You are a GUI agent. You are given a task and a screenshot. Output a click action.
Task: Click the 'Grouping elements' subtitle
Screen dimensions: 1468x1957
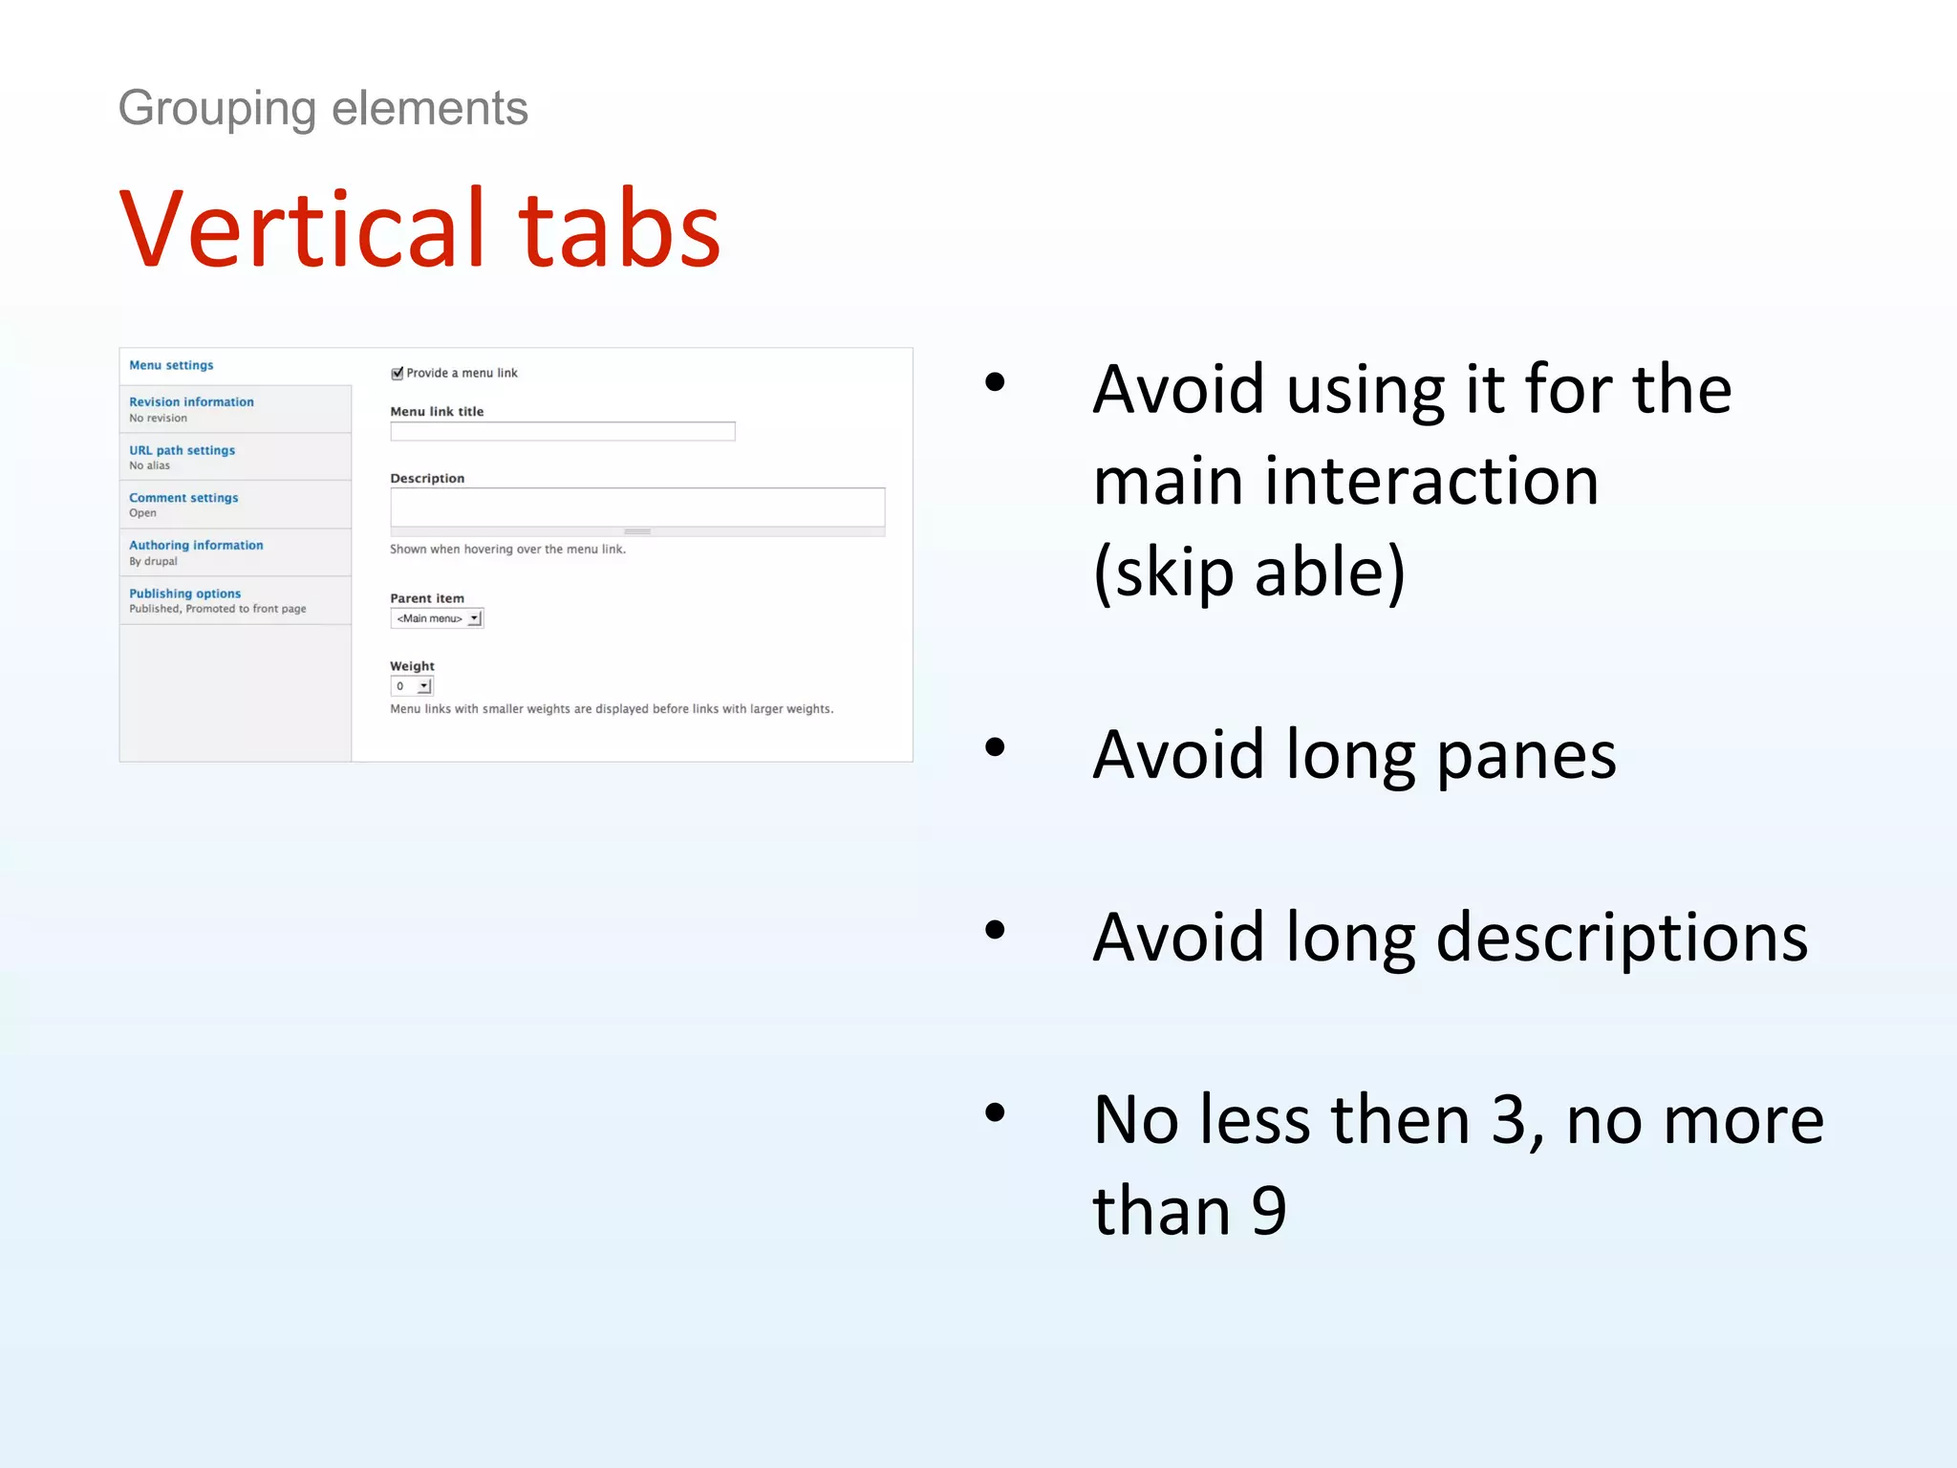tap(323, 108)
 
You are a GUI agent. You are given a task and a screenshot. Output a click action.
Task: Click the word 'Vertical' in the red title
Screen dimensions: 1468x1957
tap(303, 229)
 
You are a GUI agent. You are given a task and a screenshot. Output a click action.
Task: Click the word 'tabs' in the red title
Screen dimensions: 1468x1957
tap(619, 229)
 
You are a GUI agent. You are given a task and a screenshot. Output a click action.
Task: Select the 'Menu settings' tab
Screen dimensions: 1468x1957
tap(172, 365)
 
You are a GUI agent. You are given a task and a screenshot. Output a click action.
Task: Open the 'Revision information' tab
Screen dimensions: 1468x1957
tap(192, 402)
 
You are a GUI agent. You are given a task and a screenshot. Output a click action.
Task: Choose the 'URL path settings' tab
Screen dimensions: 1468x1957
tap(183, 450)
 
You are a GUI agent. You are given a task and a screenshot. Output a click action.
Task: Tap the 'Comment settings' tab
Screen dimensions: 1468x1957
tap(184, 498)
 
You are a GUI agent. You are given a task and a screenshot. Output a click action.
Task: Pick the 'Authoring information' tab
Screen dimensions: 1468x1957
tap(197, 546)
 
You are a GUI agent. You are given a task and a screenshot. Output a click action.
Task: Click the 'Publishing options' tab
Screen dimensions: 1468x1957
tap(185, 594)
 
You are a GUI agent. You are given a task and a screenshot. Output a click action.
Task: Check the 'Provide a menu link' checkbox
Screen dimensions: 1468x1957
tap(398, 374)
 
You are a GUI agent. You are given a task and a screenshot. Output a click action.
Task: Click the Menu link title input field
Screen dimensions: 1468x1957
tap(562, 432)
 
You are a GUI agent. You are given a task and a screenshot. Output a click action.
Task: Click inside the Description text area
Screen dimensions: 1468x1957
tap(636, 507)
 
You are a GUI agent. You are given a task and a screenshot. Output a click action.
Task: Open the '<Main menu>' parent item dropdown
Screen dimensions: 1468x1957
tap(438, 618)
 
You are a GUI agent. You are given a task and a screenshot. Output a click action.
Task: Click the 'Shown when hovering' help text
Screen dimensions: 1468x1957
tap(507, 550)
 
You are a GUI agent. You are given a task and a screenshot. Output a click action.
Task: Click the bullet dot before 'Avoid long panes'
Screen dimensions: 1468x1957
tap(995, 746)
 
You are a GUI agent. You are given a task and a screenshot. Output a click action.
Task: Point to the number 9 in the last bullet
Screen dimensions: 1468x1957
tap(1269, 1211)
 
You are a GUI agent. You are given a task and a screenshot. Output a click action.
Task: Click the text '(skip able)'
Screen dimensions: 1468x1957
tap(1249, 572)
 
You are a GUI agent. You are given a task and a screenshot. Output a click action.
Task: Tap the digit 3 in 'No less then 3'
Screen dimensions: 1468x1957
tap(1509, 1119)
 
